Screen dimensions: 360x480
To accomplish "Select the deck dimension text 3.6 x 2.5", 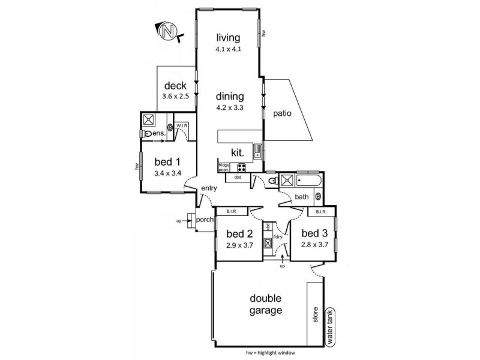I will pos(175,95).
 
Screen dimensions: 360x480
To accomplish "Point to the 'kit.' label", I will pos(233,153).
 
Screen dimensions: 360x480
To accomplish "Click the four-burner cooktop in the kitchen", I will pos(242,169).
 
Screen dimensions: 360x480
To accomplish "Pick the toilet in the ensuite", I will pos(148,134).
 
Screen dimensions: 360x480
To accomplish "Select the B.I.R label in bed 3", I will pos(319,212).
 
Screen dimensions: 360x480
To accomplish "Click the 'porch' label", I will pos(205,220).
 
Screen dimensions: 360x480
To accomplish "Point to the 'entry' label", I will pos(209,188).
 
